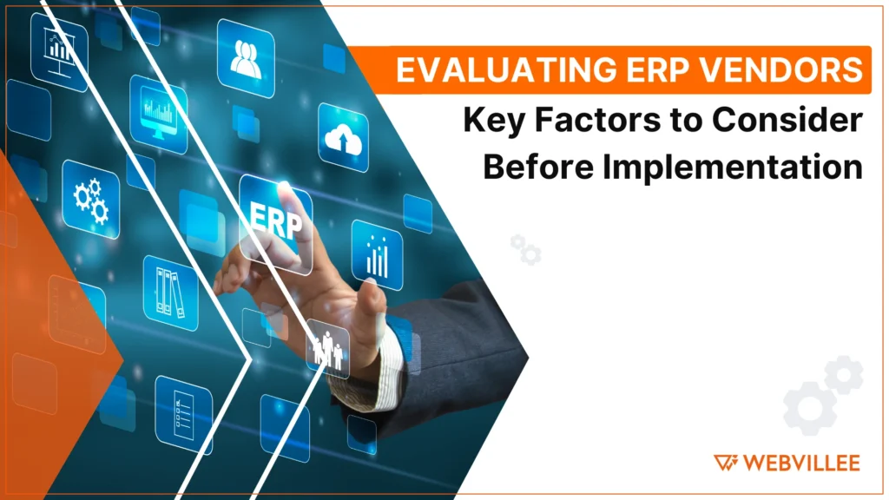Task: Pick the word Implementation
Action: [734, 166]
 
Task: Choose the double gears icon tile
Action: [90, 200]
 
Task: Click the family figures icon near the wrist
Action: [327, 346]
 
